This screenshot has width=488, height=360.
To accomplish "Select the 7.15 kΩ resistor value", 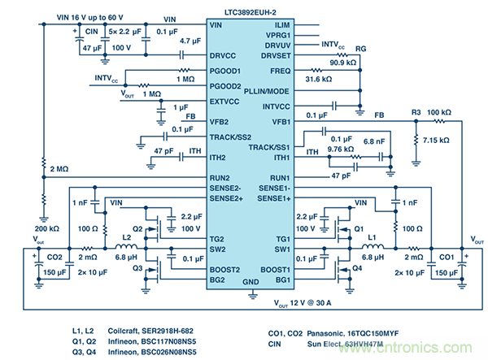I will pos(438,140).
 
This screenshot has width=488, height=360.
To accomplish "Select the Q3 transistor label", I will pos(137,267).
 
